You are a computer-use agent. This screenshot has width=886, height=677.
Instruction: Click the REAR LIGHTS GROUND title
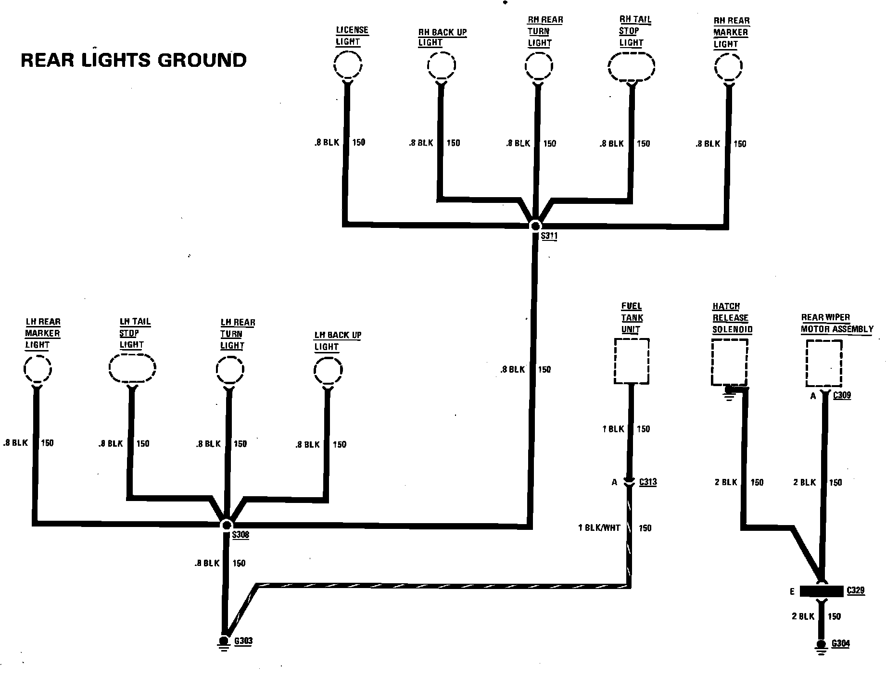134,61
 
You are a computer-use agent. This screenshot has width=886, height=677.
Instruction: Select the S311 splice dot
535,226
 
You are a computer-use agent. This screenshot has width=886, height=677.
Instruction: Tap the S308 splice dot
226,525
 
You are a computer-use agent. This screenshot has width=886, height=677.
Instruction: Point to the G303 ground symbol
224,642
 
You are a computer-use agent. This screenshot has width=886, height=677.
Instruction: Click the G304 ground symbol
821,645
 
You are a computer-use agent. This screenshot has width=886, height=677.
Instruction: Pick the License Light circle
348,65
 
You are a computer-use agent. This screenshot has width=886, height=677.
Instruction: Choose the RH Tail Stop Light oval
632,66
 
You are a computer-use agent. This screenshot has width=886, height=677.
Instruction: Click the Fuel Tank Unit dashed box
632,361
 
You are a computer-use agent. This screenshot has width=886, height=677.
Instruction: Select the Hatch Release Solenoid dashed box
729,362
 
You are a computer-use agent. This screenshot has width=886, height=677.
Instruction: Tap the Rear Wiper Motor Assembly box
824,363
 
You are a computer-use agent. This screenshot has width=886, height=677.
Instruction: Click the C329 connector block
821,591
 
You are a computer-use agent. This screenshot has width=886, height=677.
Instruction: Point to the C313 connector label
648,482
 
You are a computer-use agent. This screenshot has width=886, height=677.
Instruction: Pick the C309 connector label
842,395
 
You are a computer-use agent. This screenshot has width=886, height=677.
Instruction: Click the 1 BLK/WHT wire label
599,528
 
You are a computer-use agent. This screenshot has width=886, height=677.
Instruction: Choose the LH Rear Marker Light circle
38,369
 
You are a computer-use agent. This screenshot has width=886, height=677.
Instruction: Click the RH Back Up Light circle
442,66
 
